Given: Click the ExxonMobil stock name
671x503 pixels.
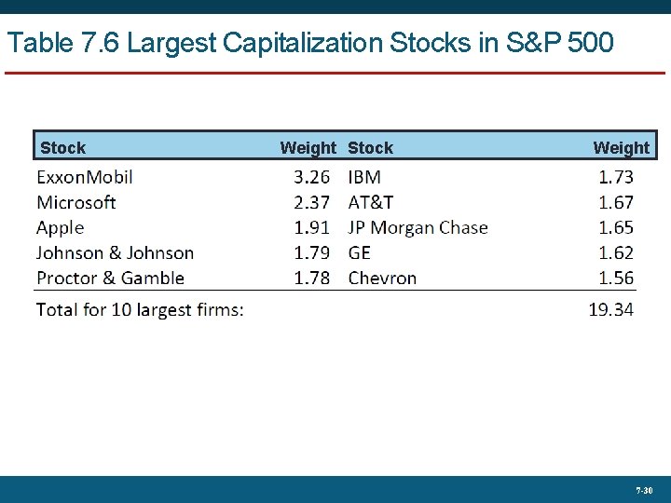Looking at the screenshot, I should tap(85, 177).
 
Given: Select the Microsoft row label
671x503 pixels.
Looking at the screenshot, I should tap(76, 202).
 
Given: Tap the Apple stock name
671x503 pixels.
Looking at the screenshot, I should tap(61, 227).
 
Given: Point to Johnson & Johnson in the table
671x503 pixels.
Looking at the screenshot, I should tap(116, 252).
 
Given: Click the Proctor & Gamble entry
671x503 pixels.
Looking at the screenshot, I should tap(111, 278).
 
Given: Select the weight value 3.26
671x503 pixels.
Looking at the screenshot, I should tap(312, 177).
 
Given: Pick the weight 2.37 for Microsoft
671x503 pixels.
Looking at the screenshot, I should tap(312, 202).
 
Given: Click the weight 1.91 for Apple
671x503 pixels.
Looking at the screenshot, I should tap(312, 227).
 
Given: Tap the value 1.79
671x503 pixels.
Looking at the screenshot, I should tap(312, 252).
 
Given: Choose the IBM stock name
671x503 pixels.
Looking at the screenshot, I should tap(364, 177).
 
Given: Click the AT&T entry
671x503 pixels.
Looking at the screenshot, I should tap(371, 202).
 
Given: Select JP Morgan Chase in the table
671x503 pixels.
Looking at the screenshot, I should tap(418, 227).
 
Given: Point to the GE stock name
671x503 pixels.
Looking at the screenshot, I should tap(360, 252).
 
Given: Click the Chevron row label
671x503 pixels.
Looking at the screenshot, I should tap(382, 278).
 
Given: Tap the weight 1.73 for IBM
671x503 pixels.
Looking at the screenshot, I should tap(616, 177).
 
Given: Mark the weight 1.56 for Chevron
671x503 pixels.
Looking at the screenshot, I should tap(616, 278).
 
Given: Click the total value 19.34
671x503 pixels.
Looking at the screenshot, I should tap(611, 309).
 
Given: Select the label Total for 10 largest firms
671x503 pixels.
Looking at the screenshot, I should tap(140, 309).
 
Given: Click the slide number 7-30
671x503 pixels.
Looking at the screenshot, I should tap(644, 489).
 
